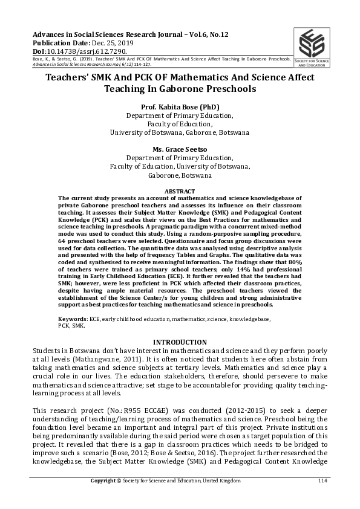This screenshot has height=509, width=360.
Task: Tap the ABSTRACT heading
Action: (180, 190)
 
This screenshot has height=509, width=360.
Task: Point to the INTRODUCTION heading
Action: (180, 342)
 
